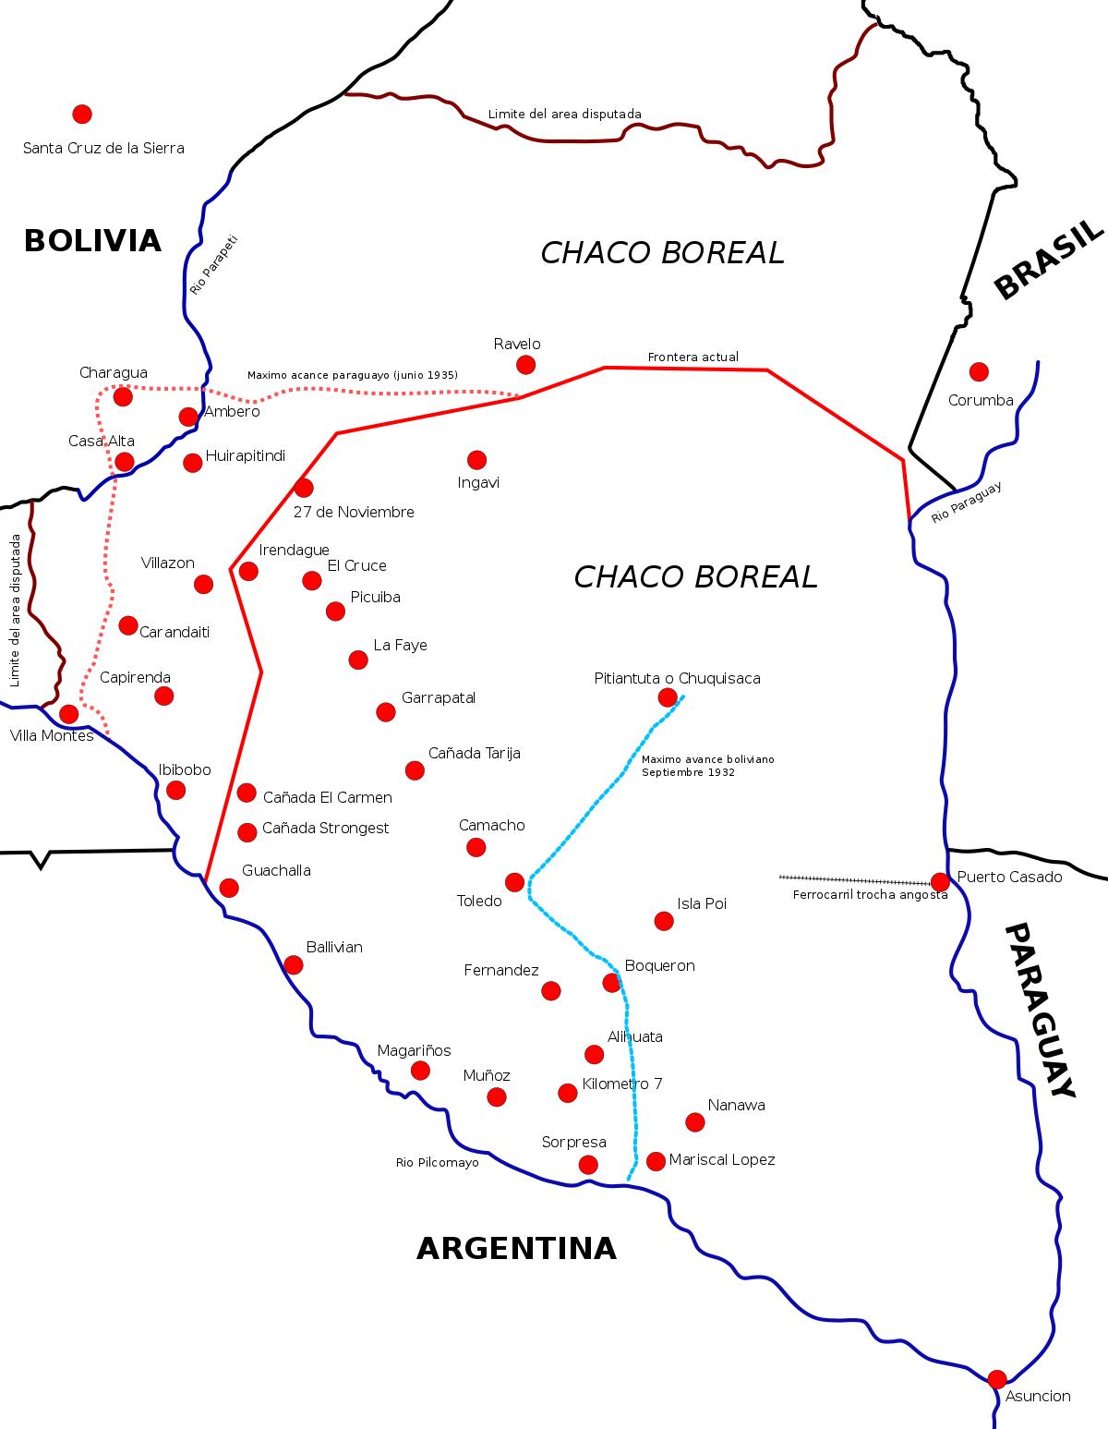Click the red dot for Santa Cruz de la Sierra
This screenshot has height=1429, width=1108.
(x=82, y=114)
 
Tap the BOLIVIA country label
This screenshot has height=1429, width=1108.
(x=92, y=241)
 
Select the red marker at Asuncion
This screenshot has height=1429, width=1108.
(x=997, y=1379)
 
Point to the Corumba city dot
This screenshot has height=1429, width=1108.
(x=979, y=371)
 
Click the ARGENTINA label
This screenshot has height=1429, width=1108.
(x=516, y=1249)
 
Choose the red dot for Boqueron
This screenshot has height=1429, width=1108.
(x=611, y=983)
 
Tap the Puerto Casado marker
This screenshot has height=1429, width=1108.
(x=940, y=882)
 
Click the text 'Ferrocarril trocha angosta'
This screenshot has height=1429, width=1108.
(x=870, y=895)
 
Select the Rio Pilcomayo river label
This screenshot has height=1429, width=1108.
(x=438, y=1163)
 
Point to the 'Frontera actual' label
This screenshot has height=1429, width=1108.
(x=692, y=357)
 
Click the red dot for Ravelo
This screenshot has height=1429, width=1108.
(x=525, y=364)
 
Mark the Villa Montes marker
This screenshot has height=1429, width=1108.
(x=68, y=714)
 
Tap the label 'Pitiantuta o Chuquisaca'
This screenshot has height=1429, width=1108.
(x=677, y=679)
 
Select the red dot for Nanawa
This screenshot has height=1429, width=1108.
(x=695, y=1122)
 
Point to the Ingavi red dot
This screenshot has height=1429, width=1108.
(x=476, y=459)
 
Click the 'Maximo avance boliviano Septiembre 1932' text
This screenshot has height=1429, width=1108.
(x=708, y=766)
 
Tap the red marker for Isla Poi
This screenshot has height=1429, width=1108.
(x=664, y=920)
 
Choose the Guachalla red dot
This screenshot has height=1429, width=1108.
(x=229, y=888)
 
